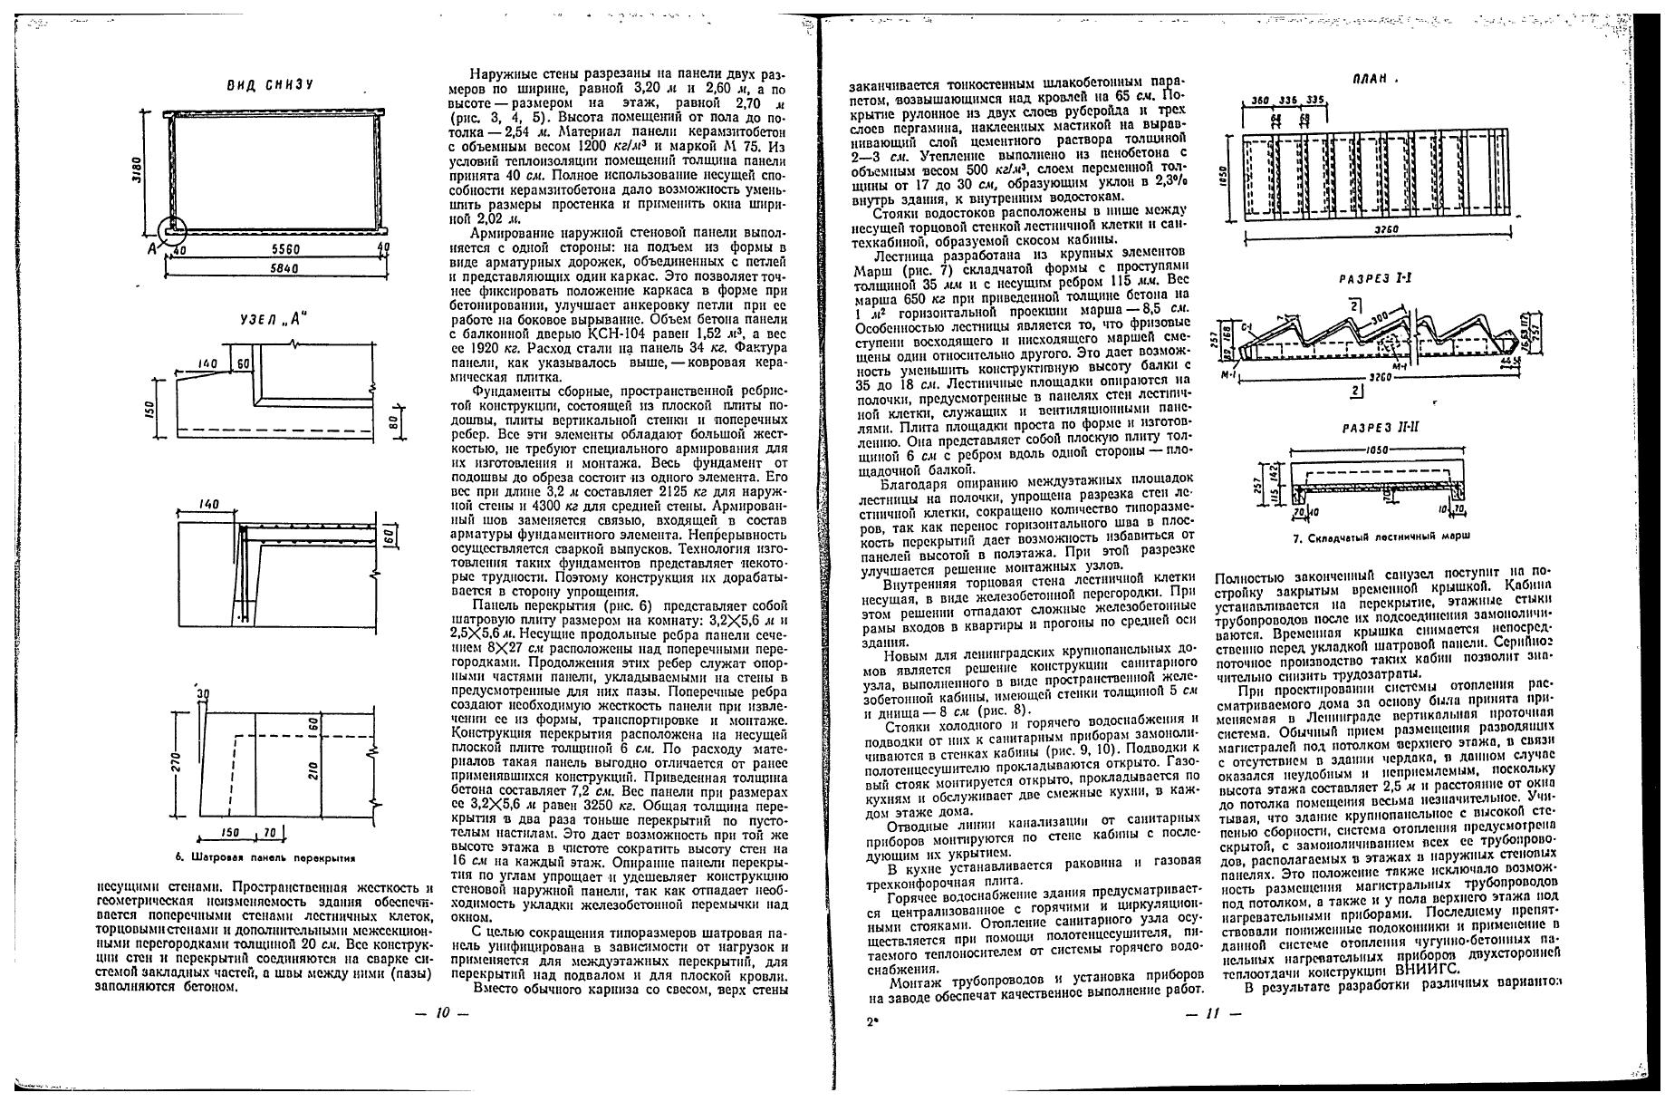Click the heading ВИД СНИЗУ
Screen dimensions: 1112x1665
(269, 84)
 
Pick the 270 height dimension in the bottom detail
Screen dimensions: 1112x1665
(178, 763)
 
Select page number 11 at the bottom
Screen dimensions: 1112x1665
(1213, 1014)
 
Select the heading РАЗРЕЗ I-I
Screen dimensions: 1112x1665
(1374, 278)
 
